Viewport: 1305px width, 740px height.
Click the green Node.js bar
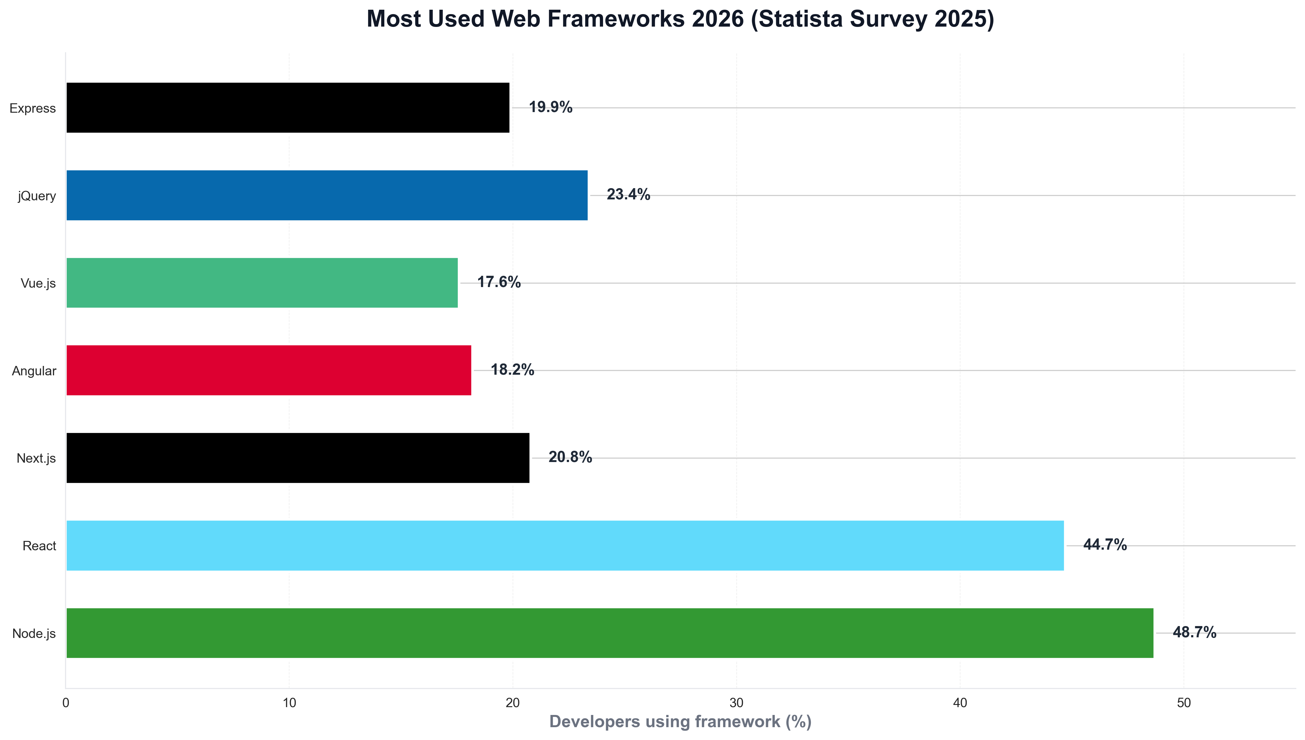point(610,633)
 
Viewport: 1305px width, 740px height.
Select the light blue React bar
point(565,545)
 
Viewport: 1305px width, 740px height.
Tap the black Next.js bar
point(298,458)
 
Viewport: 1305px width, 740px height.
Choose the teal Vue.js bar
point(262,283)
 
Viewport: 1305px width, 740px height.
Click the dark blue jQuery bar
point(327,195)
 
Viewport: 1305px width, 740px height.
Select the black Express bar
point(288,108)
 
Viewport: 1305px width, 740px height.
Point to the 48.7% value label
point(1194,632)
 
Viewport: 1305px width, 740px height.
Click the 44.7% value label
point(1104,545)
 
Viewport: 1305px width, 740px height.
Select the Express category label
point(33,108)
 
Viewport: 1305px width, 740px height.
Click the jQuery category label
point(37,196)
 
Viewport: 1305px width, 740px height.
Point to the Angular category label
point(34,371)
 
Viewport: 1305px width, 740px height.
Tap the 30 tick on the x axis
point(736,703)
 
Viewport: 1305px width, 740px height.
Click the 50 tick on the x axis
point(1184,703)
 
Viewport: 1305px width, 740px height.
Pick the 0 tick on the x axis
point(65,703)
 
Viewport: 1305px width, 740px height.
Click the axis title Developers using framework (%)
point(680,722)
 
